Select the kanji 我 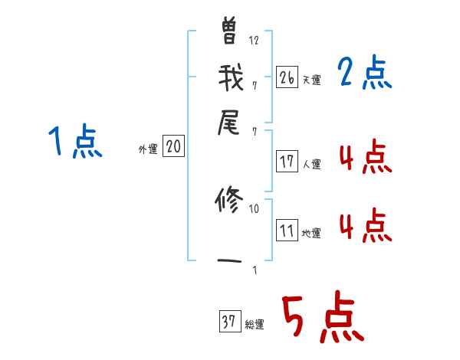[x=230, y=77]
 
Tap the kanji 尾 [x=230, y=123]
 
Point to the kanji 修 [x=230, y=201]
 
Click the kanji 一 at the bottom [x=230, y=262]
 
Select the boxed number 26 [x=287, y=77]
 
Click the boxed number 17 [x=287, y=161]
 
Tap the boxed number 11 [x=287, y=231]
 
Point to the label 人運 [x=311, y=164]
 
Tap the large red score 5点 [x=322, y=318]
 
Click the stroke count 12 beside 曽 [x=255, y=41]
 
